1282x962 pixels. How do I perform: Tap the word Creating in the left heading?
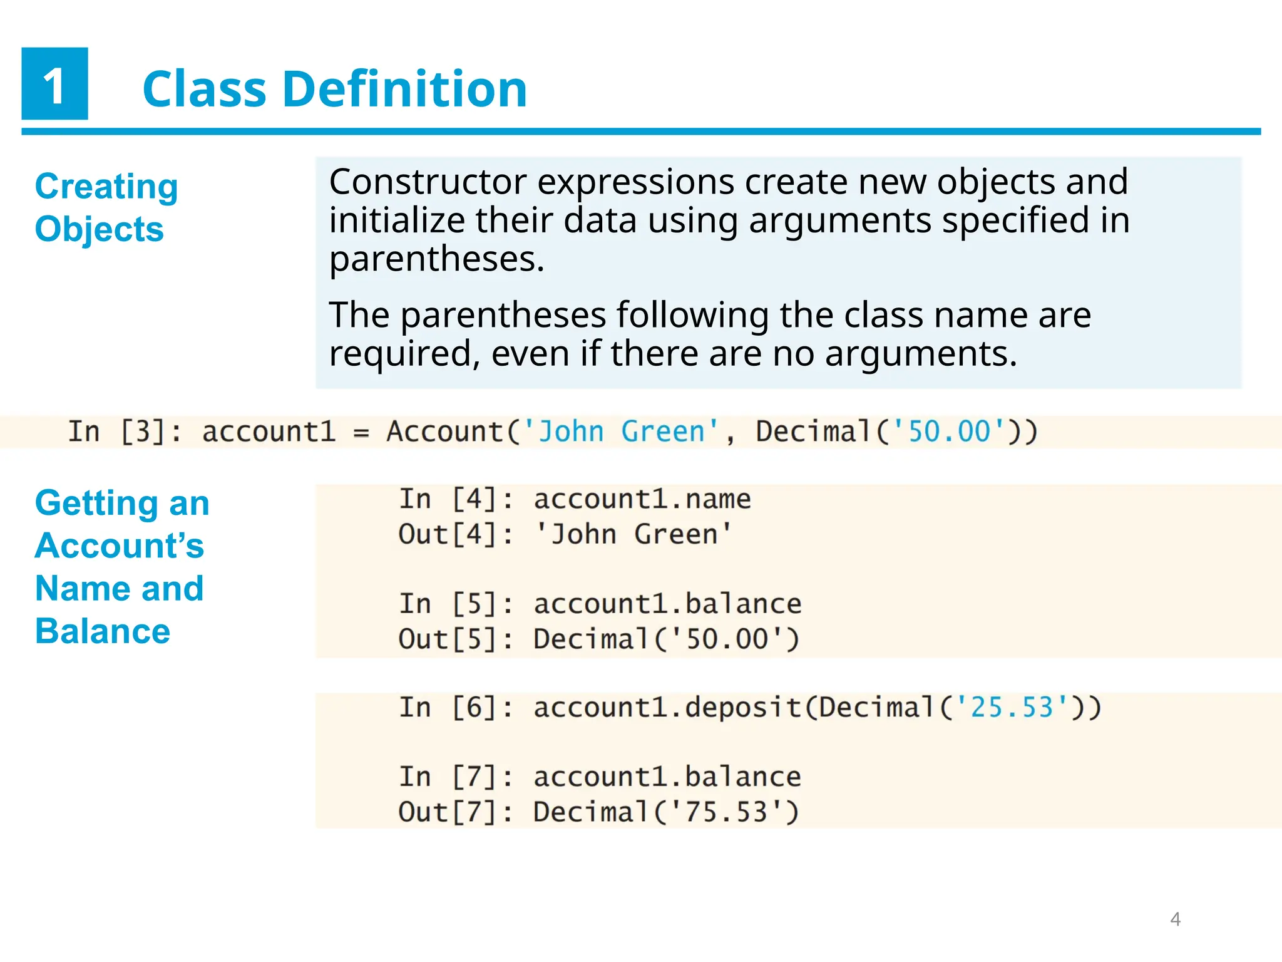106,187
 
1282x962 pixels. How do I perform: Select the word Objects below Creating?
99,229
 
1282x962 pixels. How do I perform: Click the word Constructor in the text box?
428,182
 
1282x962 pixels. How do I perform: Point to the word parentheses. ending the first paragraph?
436,259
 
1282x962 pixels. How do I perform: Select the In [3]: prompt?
124,432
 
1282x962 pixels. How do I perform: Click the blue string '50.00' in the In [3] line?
949,432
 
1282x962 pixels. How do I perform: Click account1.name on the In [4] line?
642,500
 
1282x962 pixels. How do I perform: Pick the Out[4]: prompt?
456,535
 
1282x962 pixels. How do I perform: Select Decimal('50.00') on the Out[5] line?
666,639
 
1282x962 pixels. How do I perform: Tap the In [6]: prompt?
456,708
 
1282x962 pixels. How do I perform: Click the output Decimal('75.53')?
666,812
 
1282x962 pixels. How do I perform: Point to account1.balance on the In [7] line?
667,777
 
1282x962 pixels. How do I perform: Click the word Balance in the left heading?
103,631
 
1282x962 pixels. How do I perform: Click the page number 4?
1175,919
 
